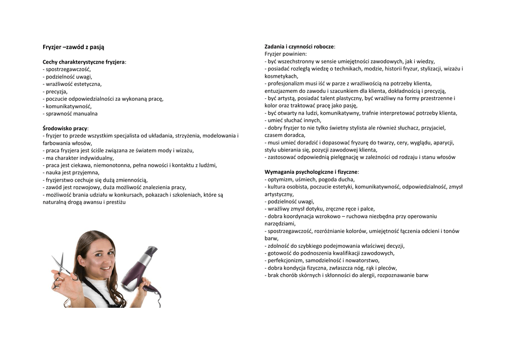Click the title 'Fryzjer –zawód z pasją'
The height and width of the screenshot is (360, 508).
73,47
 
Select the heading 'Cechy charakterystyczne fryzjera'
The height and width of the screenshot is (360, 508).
84,62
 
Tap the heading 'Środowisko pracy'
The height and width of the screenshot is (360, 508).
65,128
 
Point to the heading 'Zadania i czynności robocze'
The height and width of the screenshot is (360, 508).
300,46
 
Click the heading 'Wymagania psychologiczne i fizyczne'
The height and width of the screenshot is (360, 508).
311,172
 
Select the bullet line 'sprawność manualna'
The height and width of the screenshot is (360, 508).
71,114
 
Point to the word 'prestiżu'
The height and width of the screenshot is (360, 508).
114,202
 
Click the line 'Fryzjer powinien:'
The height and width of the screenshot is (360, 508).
286,54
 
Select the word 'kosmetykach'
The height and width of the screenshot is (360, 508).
281,76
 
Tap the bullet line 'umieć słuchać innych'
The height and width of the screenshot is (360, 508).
295,120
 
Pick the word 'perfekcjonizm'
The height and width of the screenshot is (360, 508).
287,260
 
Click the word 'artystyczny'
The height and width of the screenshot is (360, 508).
279,194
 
